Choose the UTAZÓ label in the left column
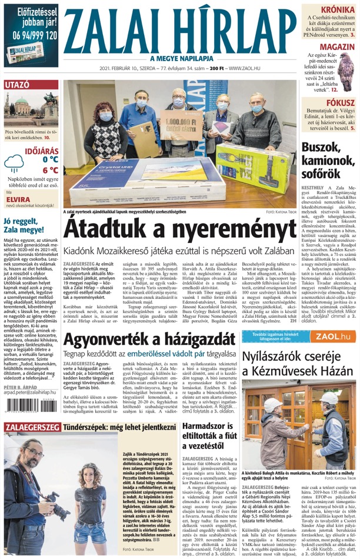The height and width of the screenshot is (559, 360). pyautogui.click(x=16, y=85)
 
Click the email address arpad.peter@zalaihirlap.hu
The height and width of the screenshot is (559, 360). pyautogui.click(x=29, y=408)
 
